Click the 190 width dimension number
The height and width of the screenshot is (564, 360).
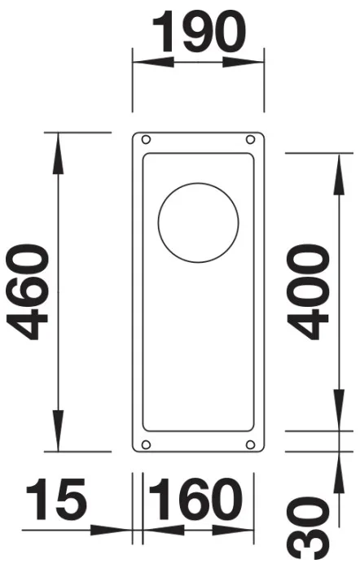coord(199,31)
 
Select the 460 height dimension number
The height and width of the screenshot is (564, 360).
coord(26,291)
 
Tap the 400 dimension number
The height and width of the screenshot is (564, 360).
coord(307,292)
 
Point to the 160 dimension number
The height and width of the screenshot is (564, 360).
coord(195,499)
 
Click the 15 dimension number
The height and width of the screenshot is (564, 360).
coord(56,499)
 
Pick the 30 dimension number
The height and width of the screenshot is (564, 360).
coord(308,530)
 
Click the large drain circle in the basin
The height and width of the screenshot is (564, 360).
coord(199,223)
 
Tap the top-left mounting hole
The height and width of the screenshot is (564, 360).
coord(146,139)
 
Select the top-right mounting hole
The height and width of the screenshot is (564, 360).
coord(250,139)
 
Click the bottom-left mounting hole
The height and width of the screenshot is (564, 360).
coord(146,444)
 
